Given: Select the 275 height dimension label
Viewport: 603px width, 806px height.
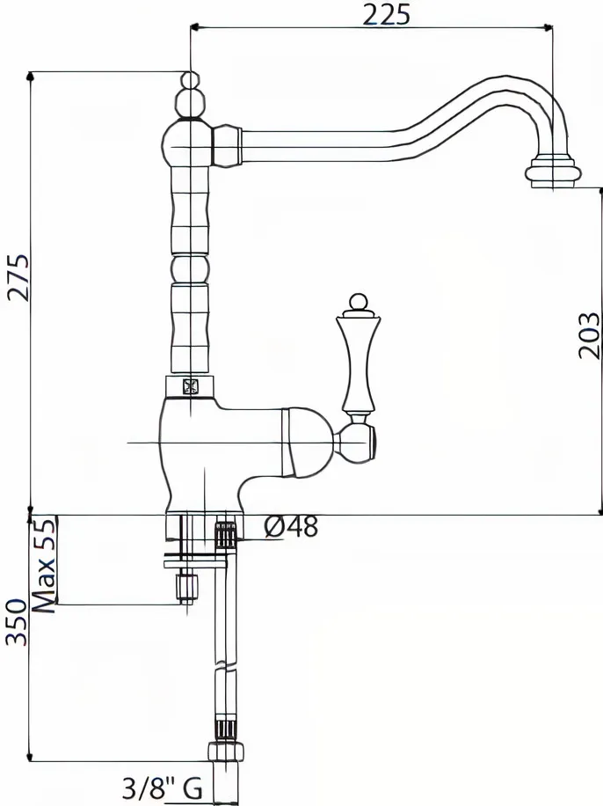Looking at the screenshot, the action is point(19,277).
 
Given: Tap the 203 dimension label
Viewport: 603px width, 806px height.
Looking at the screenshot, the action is point(589,335).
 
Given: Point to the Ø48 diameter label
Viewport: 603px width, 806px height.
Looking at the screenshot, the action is point(291,526).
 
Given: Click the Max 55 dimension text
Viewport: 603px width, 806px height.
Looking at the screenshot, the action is point(43,566).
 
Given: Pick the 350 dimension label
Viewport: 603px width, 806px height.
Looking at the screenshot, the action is point(16,622).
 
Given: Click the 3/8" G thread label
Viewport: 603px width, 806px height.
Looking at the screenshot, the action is point(163,788).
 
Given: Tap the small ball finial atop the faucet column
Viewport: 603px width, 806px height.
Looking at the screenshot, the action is point(191,81).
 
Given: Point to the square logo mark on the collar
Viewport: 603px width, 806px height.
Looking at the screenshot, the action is point(191,385).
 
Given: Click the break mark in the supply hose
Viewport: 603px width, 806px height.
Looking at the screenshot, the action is point(226,665).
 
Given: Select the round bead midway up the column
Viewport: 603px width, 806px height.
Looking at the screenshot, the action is point(191,268).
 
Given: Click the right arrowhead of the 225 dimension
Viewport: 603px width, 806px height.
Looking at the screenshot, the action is point(548,28).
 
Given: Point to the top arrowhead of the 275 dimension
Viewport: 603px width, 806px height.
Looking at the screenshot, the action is point(30,77).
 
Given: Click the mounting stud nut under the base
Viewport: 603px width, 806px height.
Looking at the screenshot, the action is point(187,586).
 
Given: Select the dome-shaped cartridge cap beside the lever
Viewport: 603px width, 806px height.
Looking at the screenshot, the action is point(307,442).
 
